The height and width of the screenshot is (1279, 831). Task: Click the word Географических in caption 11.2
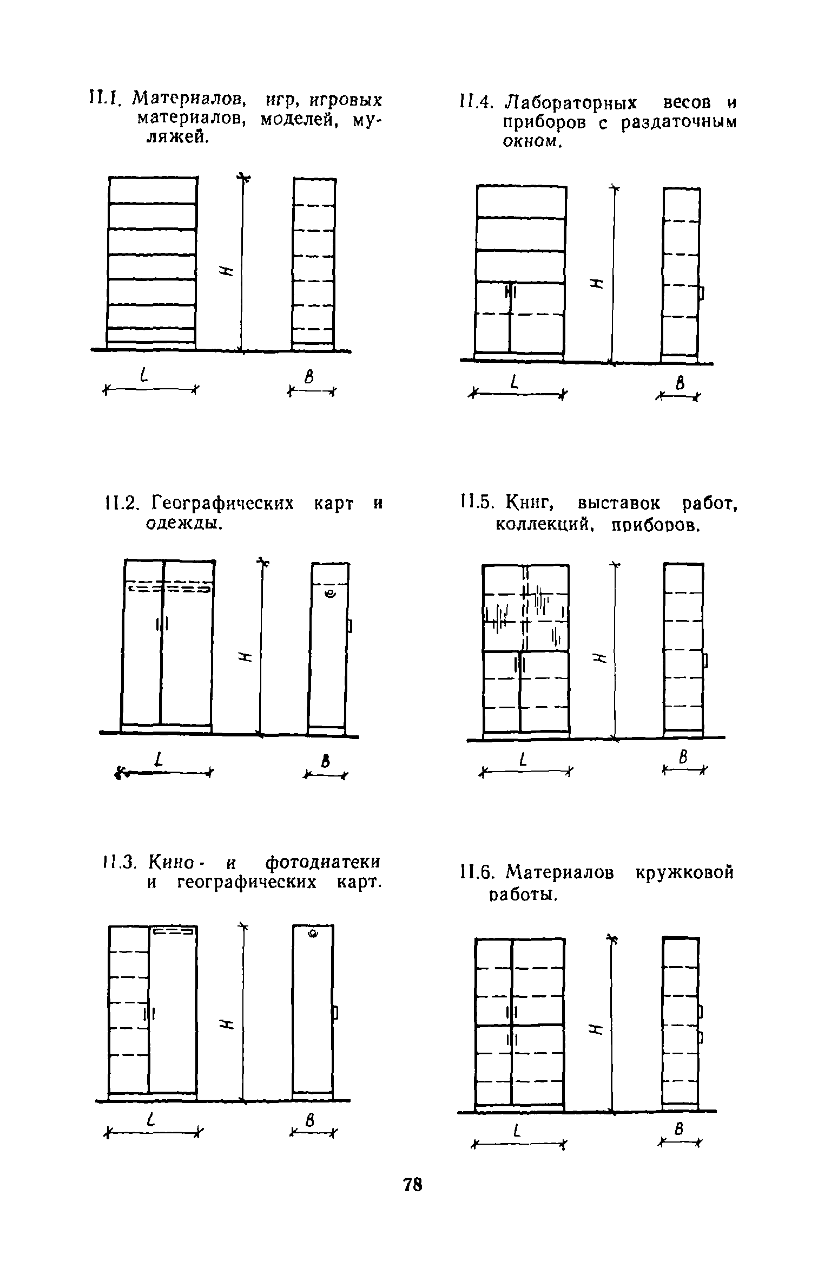[x=223, y=503]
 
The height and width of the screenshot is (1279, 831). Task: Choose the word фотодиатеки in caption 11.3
[x=324, y=862]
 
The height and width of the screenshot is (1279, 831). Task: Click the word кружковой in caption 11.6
[x=684, y=872]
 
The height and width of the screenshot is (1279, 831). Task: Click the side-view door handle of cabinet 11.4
[x=702, y=294]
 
